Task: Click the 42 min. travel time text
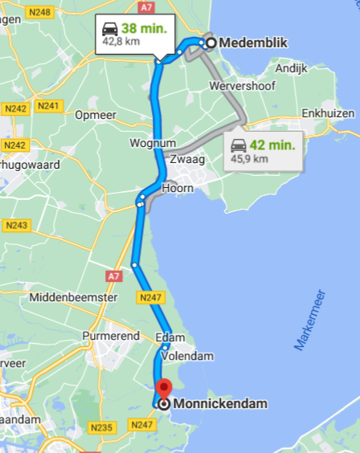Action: click(x=274, y=145)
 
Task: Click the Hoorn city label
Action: click(x=178, y=188)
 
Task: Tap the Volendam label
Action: click(x=186, y=354)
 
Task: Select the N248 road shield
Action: click(x=39, y=12)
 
